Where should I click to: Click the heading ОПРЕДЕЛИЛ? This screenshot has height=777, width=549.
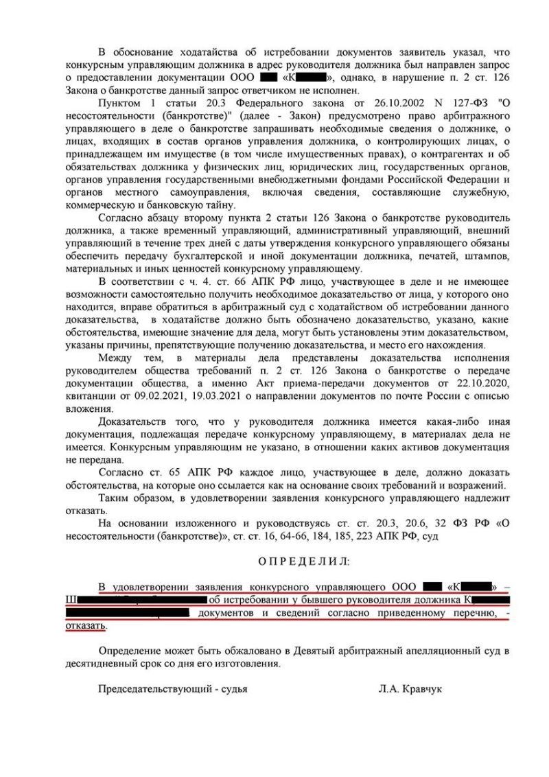click(303, 561)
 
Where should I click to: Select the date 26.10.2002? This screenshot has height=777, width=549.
click(373, 102)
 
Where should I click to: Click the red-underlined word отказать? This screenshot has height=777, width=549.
click(86, 625)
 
